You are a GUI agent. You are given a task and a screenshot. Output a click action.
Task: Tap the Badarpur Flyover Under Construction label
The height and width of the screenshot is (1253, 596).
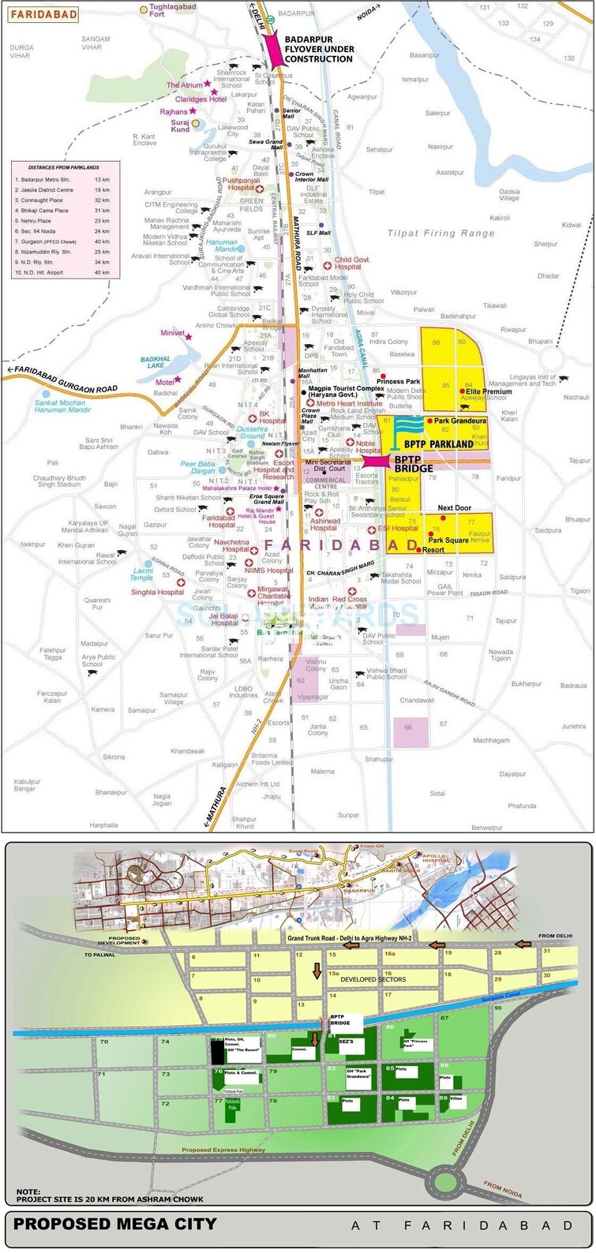(x=318, y=49)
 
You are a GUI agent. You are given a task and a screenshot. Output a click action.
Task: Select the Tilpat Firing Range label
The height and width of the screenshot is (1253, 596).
(x=440, y=233)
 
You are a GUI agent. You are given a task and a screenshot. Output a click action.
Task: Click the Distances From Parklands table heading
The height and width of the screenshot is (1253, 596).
(x=64, y=167)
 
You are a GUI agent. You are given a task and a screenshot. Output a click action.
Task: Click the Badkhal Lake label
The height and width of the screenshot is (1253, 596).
(x=156, y=362)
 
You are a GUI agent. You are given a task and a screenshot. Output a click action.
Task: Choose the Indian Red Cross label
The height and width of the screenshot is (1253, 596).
(x=337, y=600)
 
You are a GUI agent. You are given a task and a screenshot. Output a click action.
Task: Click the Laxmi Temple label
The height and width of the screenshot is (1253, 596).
(x=143, y=574)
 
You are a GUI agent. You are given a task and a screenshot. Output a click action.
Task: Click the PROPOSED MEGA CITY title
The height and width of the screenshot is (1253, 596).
(x=115, y=1225)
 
